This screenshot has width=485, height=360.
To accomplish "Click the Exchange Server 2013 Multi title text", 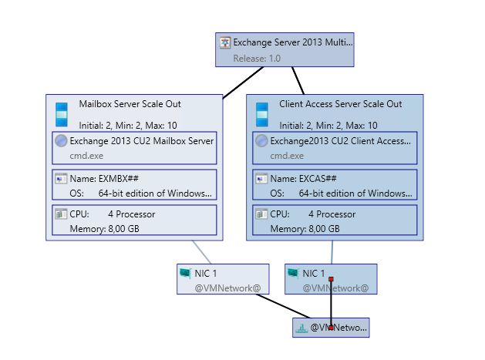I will coord(292,42).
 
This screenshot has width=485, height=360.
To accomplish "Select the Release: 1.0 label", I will coord(257,57).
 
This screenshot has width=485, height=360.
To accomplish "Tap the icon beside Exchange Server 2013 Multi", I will coord(225,42).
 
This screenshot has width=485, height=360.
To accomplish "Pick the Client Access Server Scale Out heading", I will coord(340,104).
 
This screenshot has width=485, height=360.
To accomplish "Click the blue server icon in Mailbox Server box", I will coord(62,113).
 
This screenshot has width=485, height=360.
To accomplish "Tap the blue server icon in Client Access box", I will coord(262,113).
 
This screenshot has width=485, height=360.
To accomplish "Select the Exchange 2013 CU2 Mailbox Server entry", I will coord(141,141).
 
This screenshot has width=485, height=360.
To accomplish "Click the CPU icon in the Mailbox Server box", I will coord(61,214).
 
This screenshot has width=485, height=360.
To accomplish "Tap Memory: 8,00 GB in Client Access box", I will coord(305,228).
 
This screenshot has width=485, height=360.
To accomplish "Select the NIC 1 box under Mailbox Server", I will coord(223,279).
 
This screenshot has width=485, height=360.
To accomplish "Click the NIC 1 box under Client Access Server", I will coord(331,279).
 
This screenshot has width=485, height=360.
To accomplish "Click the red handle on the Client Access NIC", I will coord(331,278).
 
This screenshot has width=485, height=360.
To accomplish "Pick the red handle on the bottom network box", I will coord(331,328).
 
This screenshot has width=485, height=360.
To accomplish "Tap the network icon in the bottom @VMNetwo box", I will coord(301,328).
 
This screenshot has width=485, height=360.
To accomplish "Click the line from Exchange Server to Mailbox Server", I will coord(243,82).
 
